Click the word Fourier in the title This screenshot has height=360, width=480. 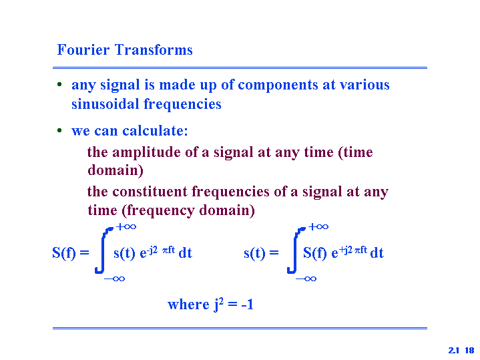tap(83, 49)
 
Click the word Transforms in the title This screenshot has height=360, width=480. tap(154, 49)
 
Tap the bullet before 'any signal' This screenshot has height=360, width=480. tap(59, 84)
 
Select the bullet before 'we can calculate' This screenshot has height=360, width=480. tap(59, 130)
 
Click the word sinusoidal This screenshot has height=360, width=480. tap(105, 104)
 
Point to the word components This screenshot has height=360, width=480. tap(278, 85)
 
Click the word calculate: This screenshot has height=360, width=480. tap(155, 131)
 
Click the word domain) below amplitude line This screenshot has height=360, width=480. tap(115, 170)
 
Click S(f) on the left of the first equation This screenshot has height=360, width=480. tap(64, 253)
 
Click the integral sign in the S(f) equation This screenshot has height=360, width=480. tap(103, 250)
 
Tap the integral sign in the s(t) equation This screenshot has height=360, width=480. tap(295, 250)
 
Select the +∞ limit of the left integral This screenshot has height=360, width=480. tap(126, 226)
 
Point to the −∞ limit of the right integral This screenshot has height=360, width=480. tap(306, 279)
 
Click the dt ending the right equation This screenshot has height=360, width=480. tap(377, 253)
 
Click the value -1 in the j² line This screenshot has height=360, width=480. tap(248, 305)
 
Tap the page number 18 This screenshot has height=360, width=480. tap(469, 350)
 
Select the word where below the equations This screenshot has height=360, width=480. tap(188, 305)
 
